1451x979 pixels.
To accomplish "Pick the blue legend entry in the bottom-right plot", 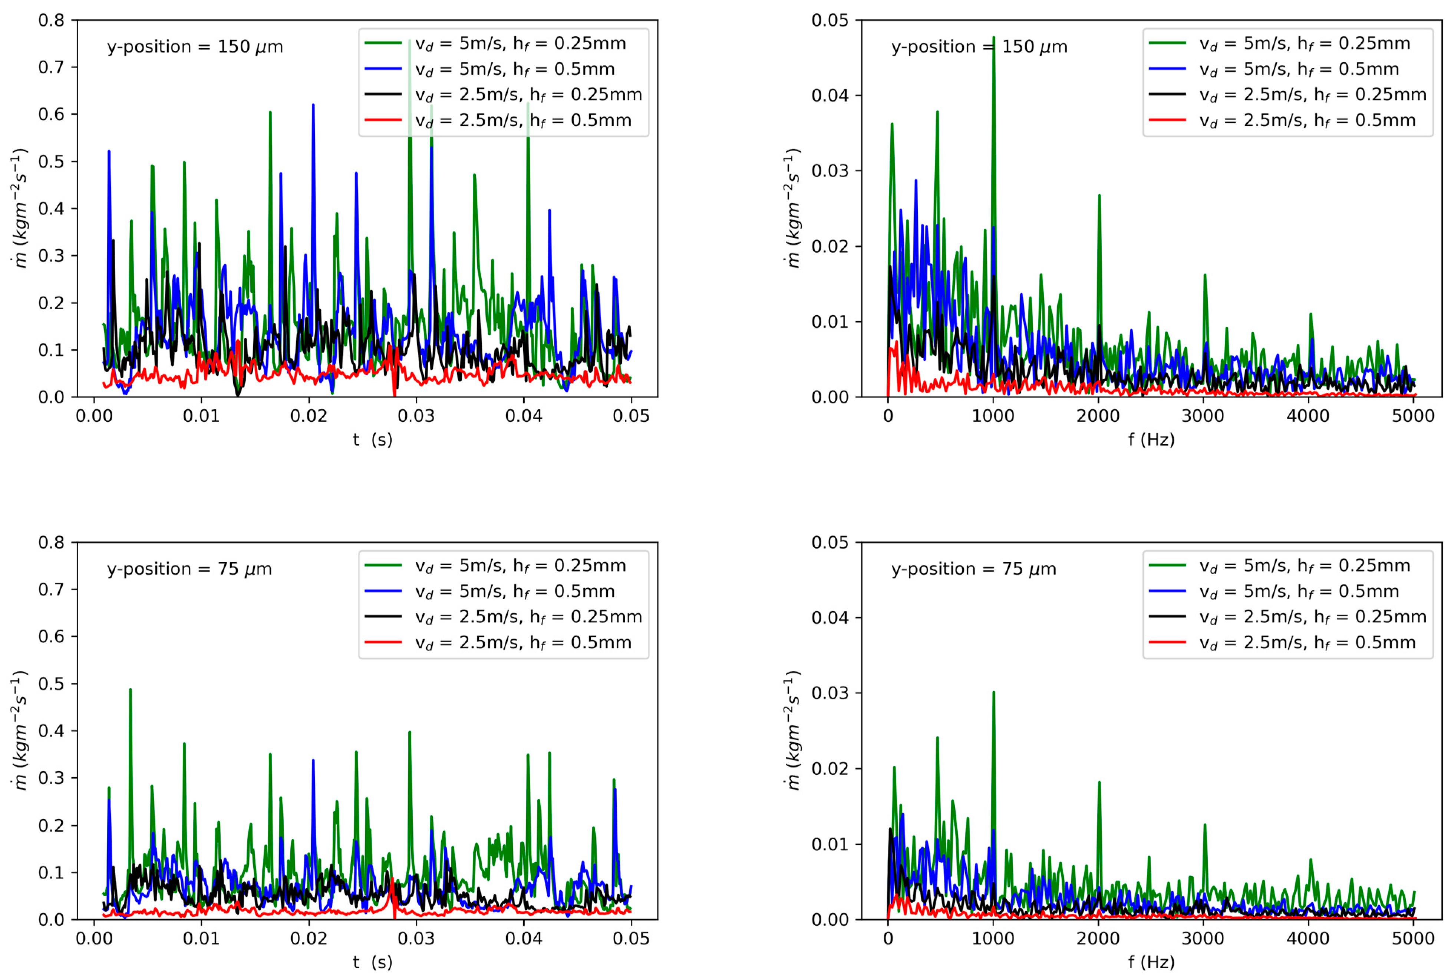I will (1299, 591).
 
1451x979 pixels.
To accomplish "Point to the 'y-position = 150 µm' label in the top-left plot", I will (195, 47).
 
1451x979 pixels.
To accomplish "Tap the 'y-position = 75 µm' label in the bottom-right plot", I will (973, 569).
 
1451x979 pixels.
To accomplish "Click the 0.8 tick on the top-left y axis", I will (51, 20).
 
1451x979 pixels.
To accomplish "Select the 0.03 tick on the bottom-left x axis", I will (416, 939).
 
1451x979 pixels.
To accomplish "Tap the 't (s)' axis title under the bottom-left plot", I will (373, 962).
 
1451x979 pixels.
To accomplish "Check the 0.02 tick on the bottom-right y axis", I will (830, 769).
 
